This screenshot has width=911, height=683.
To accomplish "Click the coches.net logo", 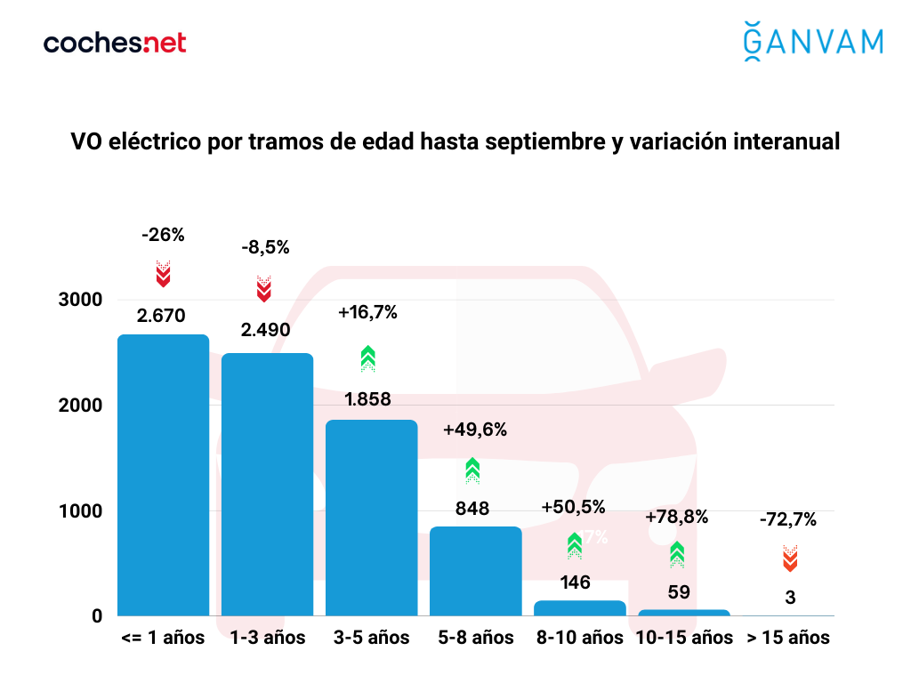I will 115,43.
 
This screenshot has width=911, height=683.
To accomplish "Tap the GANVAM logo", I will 812,42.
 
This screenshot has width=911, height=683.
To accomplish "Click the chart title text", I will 455,141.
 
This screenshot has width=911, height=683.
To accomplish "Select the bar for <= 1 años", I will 163,475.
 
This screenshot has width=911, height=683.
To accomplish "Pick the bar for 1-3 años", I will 267,485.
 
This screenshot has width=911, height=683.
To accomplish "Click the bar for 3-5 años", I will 371,518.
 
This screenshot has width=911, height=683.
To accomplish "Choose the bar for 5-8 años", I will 475,571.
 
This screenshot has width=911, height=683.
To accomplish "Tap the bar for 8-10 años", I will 580,607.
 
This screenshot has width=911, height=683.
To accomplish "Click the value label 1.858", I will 368,399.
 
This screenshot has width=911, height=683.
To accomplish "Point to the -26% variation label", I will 163,236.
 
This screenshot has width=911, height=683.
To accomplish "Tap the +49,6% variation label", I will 475,430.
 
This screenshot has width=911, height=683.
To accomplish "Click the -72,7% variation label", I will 788,519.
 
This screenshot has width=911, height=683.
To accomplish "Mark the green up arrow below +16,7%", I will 368,358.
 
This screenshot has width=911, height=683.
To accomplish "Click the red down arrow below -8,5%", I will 264,288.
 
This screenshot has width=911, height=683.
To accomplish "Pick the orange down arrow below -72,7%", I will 790,558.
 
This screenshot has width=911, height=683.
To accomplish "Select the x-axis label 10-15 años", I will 684,638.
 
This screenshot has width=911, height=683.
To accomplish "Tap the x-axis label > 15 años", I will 788,638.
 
